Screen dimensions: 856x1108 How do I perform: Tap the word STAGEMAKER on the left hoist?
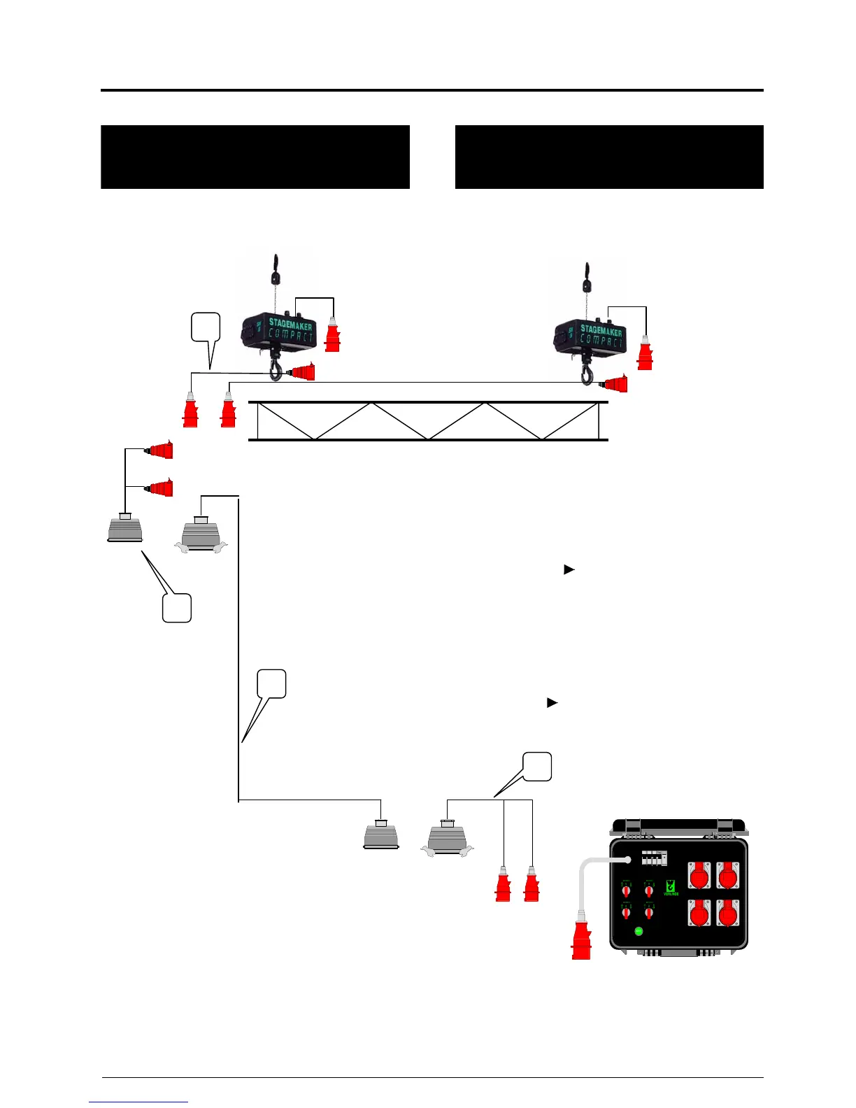click(290, 326)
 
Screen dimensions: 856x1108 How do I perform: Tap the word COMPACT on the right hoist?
click(602, 342)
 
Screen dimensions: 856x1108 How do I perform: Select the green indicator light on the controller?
click(639, 931)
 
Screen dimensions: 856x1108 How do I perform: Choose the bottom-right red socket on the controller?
click(728, 914)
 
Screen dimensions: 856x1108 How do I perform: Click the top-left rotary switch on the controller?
click(626, 890)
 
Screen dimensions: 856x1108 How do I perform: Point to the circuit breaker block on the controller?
click(654, 858)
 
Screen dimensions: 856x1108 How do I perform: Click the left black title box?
click(255, 157)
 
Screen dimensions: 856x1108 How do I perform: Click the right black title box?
click(609, 157)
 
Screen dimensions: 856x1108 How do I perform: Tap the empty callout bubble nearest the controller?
click(538, 766)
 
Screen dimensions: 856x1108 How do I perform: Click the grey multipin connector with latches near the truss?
click(201, 536)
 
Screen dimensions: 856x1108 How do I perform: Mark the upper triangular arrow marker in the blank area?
click(569, 569)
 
